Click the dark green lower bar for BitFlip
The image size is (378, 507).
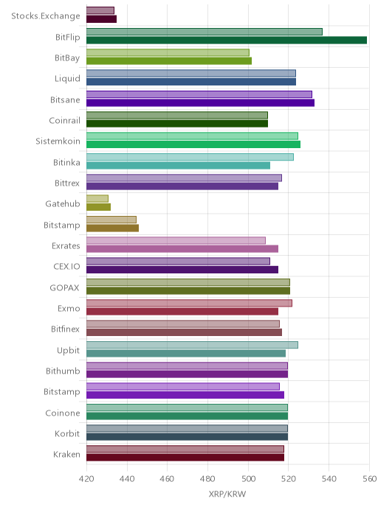(227, 40)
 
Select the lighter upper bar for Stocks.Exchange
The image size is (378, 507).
(100, 10)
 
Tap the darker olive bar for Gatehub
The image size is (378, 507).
(98, 207)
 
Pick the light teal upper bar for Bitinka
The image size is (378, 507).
(190, 157)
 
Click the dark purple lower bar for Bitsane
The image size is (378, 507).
(200, 103)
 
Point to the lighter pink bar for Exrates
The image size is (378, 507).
(176, 240)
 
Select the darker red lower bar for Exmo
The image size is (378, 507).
(182, 312)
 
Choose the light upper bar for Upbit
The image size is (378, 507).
(192, 345)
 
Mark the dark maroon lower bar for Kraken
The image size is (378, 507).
(185, 458)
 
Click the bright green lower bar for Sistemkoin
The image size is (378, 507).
(193, 144)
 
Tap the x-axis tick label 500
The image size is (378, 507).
(249, 478)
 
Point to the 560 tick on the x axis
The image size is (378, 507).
(370, 478)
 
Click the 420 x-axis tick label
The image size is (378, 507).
(86, 478)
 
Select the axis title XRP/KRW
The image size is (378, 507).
(227, 494)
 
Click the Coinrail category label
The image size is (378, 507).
(64, 121)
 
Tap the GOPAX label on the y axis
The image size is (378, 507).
(64, 288)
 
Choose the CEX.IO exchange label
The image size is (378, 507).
(66, 267)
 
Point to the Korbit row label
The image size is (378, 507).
(67, 433)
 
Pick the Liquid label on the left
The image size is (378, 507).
(67, 79)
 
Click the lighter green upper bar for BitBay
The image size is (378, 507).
(168, 53)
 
